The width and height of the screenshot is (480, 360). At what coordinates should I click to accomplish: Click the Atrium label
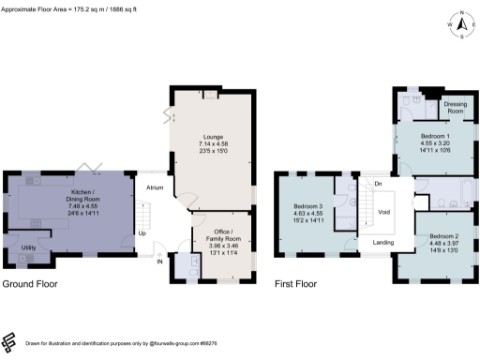[x=155, y=187]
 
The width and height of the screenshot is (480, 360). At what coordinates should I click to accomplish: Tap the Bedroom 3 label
[x=307, y=206]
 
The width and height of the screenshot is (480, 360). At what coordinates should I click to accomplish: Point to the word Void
[x=384, y=212]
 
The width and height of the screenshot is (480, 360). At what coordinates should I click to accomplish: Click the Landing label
[x=382, y=244]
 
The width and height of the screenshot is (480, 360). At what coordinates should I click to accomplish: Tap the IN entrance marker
[x=159, y=262]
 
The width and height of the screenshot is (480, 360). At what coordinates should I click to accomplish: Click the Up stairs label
[x=142, y=232]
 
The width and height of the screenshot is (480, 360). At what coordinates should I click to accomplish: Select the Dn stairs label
[x=377, y=184]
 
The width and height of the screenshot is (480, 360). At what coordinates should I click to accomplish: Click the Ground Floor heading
[x=33, y=282]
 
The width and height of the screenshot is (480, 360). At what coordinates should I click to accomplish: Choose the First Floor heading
[x=295, y=282]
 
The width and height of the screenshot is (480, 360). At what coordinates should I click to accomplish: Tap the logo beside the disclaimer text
[x=9, y=341]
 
